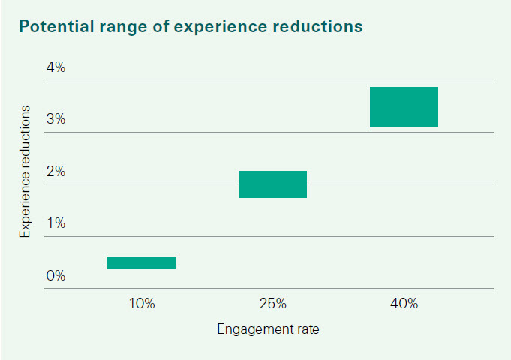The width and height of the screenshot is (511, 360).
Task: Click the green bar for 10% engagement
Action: pyautogui.click(x=141, y=262)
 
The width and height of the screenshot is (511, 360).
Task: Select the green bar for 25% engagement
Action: pyautogui.click(x=272, y=184)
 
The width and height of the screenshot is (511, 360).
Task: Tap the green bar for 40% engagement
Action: pyautogui.click(x=404, y=107)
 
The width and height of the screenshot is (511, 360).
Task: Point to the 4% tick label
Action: pyautogui.click(x=56, y=67)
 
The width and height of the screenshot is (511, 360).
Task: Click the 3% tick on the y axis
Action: pyautogui.click(x=56, y=119)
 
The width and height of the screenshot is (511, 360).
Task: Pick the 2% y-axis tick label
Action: pyautogui.click(x=56, y=172)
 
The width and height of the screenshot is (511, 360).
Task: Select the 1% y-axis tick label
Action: pyautogui.click(x=56, y=223)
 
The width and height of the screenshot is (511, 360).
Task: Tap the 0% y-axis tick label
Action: pyautogui.click(x=56, y=276)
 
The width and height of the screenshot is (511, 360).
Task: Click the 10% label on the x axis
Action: pyautogui.click(x=141, y=304)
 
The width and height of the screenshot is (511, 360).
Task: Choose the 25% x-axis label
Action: pyautogui.click(x=272, y=304)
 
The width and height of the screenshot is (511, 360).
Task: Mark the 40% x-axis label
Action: pyautogui.click(x=404, y=304)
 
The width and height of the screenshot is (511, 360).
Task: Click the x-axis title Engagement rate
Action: pyautogui.click(x=268, y=329)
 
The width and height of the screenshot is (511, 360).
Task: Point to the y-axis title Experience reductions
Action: pyautogui.click(x=26, y=172)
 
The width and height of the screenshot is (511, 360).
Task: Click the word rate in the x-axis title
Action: pyautogui.click(x=307, y=329)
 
